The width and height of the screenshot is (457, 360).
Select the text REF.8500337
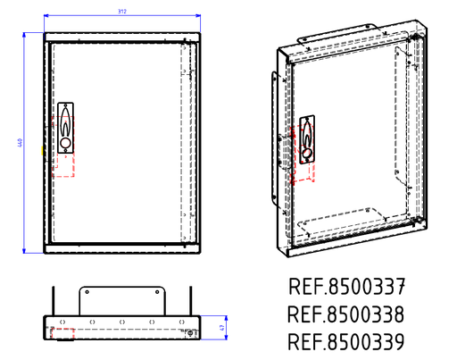tap(347, 287)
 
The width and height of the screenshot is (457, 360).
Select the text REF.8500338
tap(347, 314)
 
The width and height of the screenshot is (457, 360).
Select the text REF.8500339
tap(347, 342)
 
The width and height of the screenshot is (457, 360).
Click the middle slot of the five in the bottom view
tap(122, 322)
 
